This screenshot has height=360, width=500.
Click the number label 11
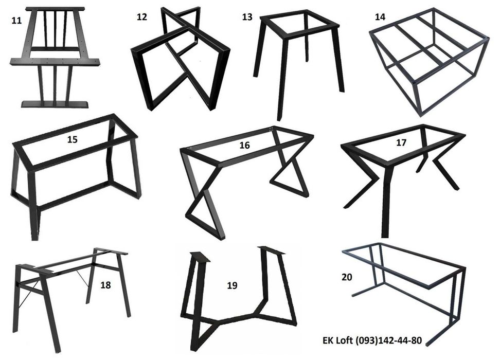(16, 21)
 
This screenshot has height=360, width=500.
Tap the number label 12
(142, 17)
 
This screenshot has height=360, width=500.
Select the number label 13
(247, 17)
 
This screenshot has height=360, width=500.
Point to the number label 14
(380, 17)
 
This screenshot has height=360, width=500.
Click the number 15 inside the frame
(73, 140)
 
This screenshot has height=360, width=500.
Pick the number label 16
(244, 146)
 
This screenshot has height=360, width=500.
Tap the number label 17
(401, 142)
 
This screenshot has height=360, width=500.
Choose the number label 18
(105, 285)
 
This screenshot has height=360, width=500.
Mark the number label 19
(232, 285)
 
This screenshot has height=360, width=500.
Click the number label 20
(347, 277)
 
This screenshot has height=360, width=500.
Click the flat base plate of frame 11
(55, 104)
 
